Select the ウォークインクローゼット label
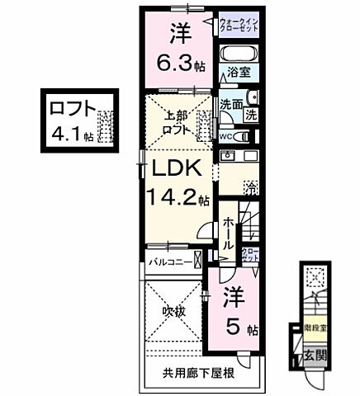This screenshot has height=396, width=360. tap(239, 25)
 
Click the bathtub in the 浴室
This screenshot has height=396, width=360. tap(239, 54)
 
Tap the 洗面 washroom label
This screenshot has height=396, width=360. tap(230, 105)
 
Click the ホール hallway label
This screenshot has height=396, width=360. tap(229, 234)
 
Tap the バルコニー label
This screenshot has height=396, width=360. tap(170, 262)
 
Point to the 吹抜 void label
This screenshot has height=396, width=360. tap(172, 313)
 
